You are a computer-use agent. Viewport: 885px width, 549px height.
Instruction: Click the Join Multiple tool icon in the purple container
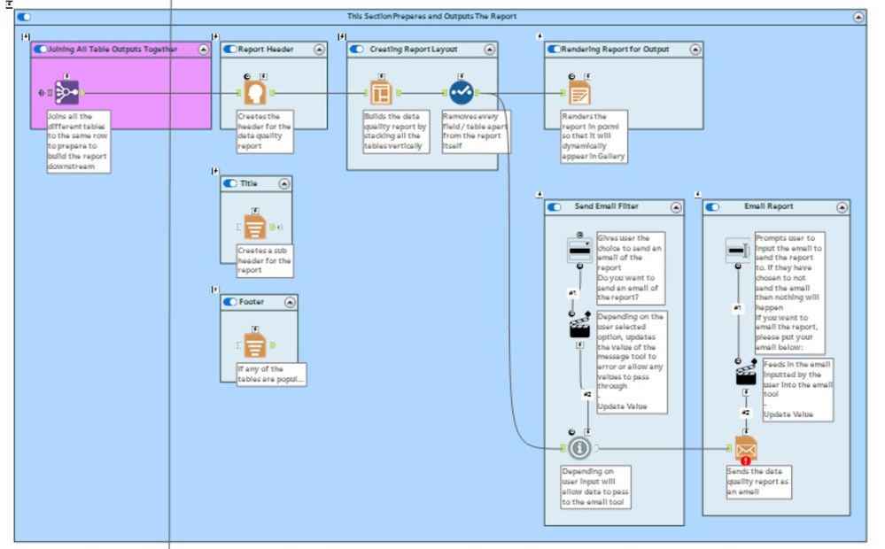coord(67,92)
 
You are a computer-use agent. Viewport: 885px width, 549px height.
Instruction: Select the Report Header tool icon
coord(255,92)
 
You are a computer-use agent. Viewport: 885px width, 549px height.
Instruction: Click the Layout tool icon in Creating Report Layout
coord(381,92)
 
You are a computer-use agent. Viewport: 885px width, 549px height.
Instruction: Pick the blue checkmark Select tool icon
coord(461,92)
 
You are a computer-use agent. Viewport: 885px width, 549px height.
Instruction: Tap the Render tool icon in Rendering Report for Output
coord(579,93)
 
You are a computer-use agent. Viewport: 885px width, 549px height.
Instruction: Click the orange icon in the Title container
coord(255,228)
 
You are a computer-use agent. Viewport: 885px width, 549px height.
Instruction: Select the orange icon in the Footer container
coord(255,345)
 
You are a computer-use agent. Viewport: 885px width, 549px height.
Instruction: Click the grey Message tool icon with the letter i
coord(579,448)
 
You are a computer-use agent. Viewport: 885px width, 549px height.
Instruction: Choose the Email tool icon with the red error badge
coord(745,449)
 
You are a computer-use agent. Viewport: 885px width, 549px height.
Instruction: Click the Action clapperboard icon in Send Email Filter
coord(579,329)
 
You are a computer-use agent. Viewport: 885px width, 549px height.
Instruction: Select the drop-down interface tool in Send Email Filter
coord(579,251)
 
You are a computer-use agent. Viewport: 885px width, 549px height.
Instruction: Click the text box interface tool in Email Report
coord(738,251)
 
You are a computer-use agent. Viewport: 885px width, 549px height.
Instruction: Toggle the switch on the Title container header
coord(230,183)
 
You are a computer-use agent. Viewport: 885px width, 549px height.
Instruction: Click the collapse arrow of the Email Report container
coord(842,207)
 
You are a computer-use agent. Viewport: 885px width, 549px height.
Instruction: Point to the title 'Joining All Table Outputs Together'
coord(118,50)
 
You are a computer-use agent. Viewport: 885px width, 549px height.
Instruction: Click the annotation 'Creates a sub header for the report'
coord(264,261)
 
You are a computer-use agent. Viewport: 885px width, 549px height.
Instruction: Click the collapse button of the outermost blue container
coord(858,17)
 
